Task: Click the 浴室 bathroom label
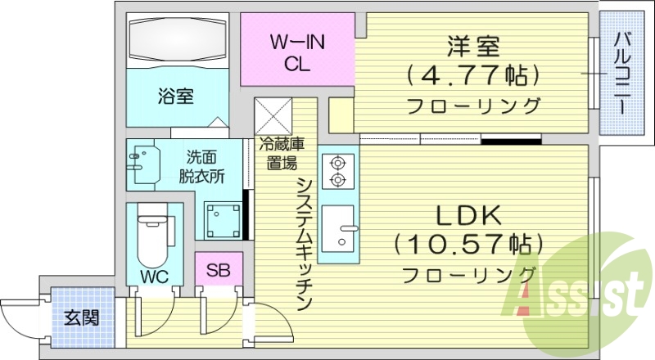click(174, 97)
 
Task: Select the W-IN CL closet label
click(296, 52)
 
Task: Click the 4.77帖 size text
click(473, 76)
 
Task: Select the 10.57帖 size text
click(468, 243)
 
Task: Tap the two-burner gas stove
click(337, 171)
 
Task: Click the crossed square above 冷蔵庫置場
click(273, 115)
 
